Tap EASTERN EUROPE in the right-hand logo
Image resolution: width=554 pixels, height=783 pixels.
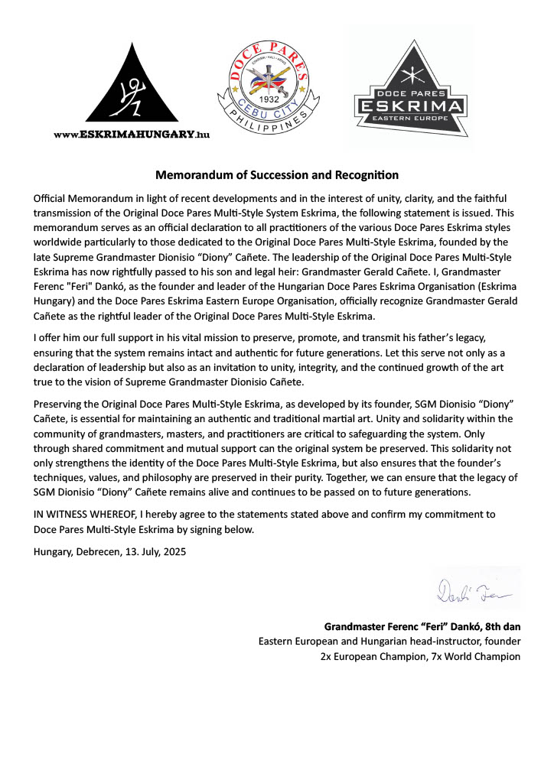pos(411,119)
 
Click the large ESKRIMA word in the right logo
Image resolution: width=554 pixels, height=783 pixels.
pos(411,105)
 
